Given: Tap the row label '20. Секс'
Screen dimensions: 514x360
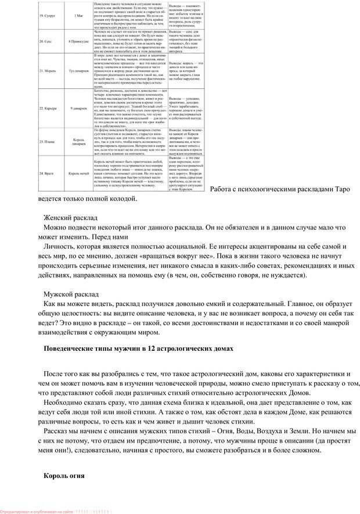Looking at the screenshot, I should pyautogui.click(x=46, y=42).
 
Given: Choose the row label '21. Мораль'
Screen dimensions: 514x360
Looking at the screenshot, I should pyautogui.click(x=48, y=70).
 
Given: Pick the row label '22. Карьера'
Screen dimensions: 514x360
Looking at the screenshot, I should pyautogui.click(x=49, y=109).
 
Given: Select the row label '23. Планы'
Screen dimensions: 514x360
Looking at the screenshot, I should pyautogui.click(x=48, y=141).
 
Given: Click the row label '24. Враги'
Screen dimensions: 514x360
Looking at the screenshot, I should pyautogui.click(x=48, y=173).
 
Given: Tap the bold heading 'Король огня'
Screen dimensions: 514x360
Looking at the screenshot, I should pyautogui.click(x=64, y=476).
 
